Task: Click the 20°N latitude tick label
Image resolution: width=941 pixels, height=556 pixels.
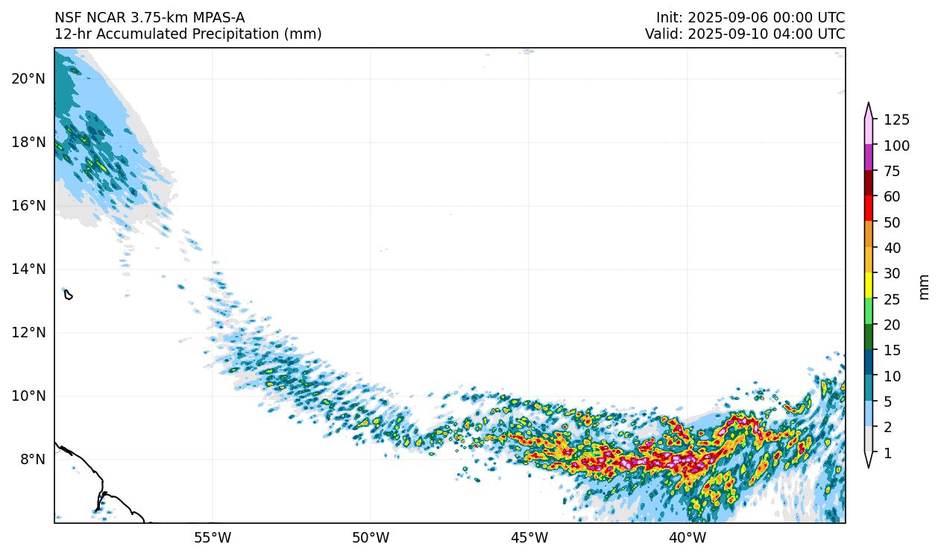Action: [x=28, y=78]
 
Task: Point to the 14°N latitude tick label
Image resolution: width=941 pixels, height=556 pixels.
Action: [x=28, y=269]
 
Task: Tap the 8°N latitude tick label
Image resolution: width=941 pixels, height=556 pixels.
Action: [x=31, y=459]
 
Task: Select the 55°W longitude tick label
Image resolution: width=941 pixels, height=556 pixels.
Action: [x=213, y=537]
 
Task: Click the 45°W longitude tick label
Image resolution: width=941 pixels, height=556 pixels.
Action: [x=529, y=537]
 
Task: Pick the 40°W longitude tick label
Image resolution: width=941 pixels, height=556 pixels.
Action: [x=687, y=537]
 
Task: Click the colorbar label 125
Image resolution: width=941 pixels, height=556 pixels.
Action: [x=896, y=120]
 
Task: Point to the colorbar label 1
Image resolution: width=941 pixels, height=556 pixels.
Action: [x=887, y=453]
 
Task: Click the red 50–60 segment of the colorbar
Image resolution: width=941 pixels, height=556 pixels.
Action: [x=869, y=207]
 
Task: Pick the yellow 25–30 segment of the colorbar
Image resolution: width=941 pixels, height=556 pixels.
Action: [x=869, y=286]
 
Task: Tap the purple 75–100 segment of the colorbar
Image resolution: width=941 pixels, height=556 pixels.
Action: [x=869, y=157]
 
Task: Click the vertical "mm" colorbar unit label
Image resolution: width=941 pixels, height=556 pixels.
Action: [x=925, y=287]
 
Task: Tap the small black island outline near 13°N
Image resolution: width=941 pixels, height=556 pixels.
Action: [x=68, y=295]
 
